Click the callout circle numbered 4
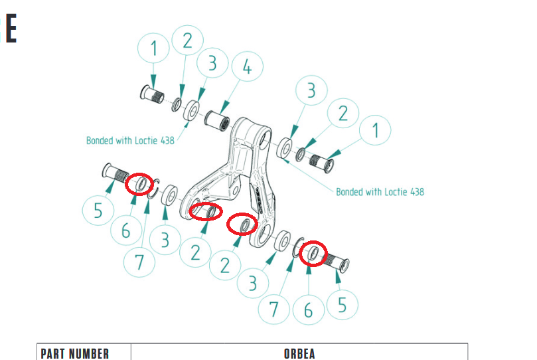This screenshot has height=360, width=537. point(248,66)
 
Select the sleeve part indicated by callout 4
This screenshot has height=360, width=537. point(217,121)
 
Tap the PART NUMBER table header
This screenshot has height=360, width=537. point(75,353)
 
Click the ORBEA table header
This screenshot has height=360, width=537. point(299,353)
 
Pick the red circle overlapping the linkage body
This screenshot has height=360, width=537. point(206,211)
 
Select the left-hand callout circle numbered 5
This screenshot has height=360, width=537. point(98,210)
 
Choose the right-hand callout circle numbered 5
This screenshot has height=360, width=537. point(342,304)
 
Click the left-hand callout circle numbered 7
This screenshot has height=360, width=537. point(139,262)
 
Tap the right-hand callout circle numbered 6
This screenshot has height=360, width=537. point(308,310)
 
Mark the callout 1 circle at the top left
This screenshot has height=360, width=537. point(153,48)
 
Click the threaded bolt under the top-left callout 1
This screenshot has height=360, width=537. point(152,94)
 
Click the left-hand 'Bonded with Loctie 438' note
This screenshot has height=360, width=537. point(130,140)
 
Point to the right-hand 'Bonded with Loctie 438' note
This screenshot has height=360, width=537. point(380,192)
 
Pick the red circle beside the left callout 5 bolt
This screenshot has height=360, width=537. point(139,184)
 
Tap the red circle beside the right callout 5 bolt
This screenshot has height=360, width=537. point(313,254)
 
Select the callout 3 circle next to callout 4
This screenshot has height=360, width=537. point(212,63)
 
